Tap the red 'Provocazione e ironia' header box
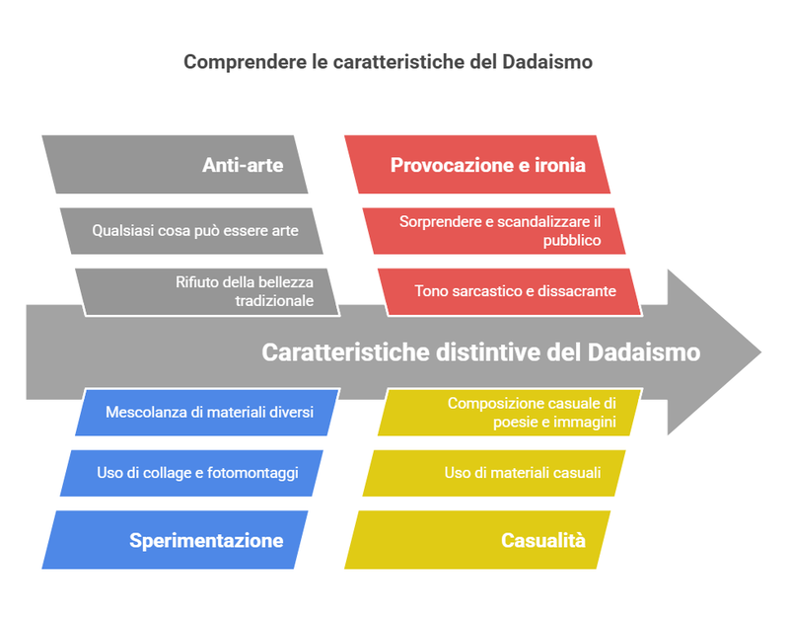click(478, 165)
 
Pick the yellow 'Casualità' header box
click(478, 540)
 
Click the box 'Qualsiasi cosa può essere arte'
click(192, 231)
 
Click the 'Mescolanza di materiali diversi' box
click(207, 412)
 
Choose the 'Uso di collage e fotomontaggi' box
click(192, 473)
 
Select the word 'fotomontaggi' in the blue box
click(252, 473)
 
